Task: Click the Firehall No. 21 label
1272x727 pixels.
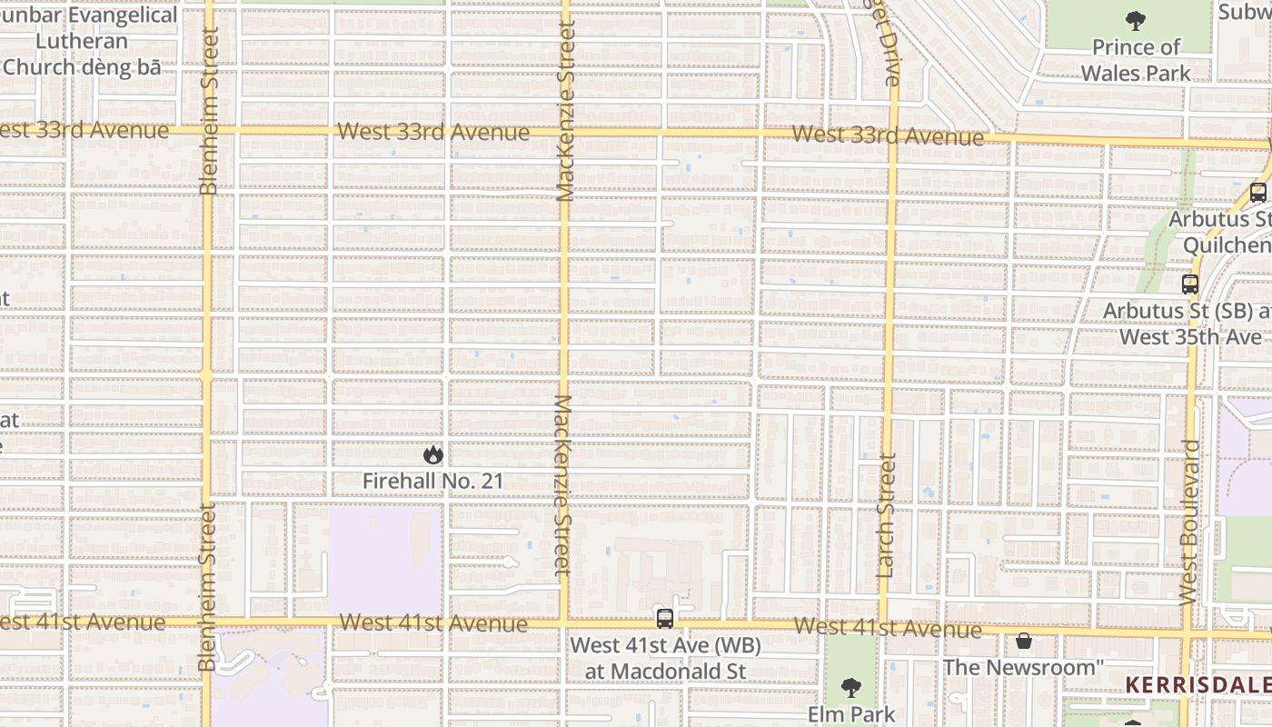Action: point(432,481)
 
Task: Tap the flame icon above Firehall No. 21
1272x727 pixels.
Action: point(432,454)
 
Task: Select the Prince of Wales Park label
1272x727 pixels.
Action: point(1136,60)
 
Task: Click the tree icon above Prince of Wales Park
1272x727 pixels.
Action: point(1135,20)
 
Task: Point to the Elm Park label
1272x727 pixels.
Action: point(851,714)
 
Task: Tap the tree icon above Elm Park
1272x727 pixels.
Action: point(850,687)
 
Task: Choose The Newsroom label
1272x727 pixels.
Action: point(1023,667)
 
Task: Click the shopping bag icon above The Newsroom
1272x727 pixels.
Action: point(1024,641)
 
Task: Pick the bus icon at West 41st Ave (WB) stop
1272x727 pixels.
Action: point(665,619)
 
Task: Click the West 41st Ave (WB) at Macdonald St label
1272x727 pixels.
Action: point(665,658)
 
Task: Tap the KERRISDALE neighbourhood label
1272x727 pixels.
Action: point(1197,685)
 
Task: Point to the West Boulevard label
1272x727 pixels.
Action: point(1189,522)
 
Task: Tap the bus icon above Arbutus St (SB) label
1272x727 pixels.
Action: point(1190,284)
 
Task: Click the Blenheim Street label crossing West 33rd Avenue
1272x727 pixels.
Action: point(209,111)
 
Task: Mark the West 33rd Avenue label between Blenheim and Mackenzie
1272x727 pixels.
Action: point(432,133)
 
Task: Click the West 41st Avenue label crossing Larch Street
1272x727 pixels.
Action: point(887,628)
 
